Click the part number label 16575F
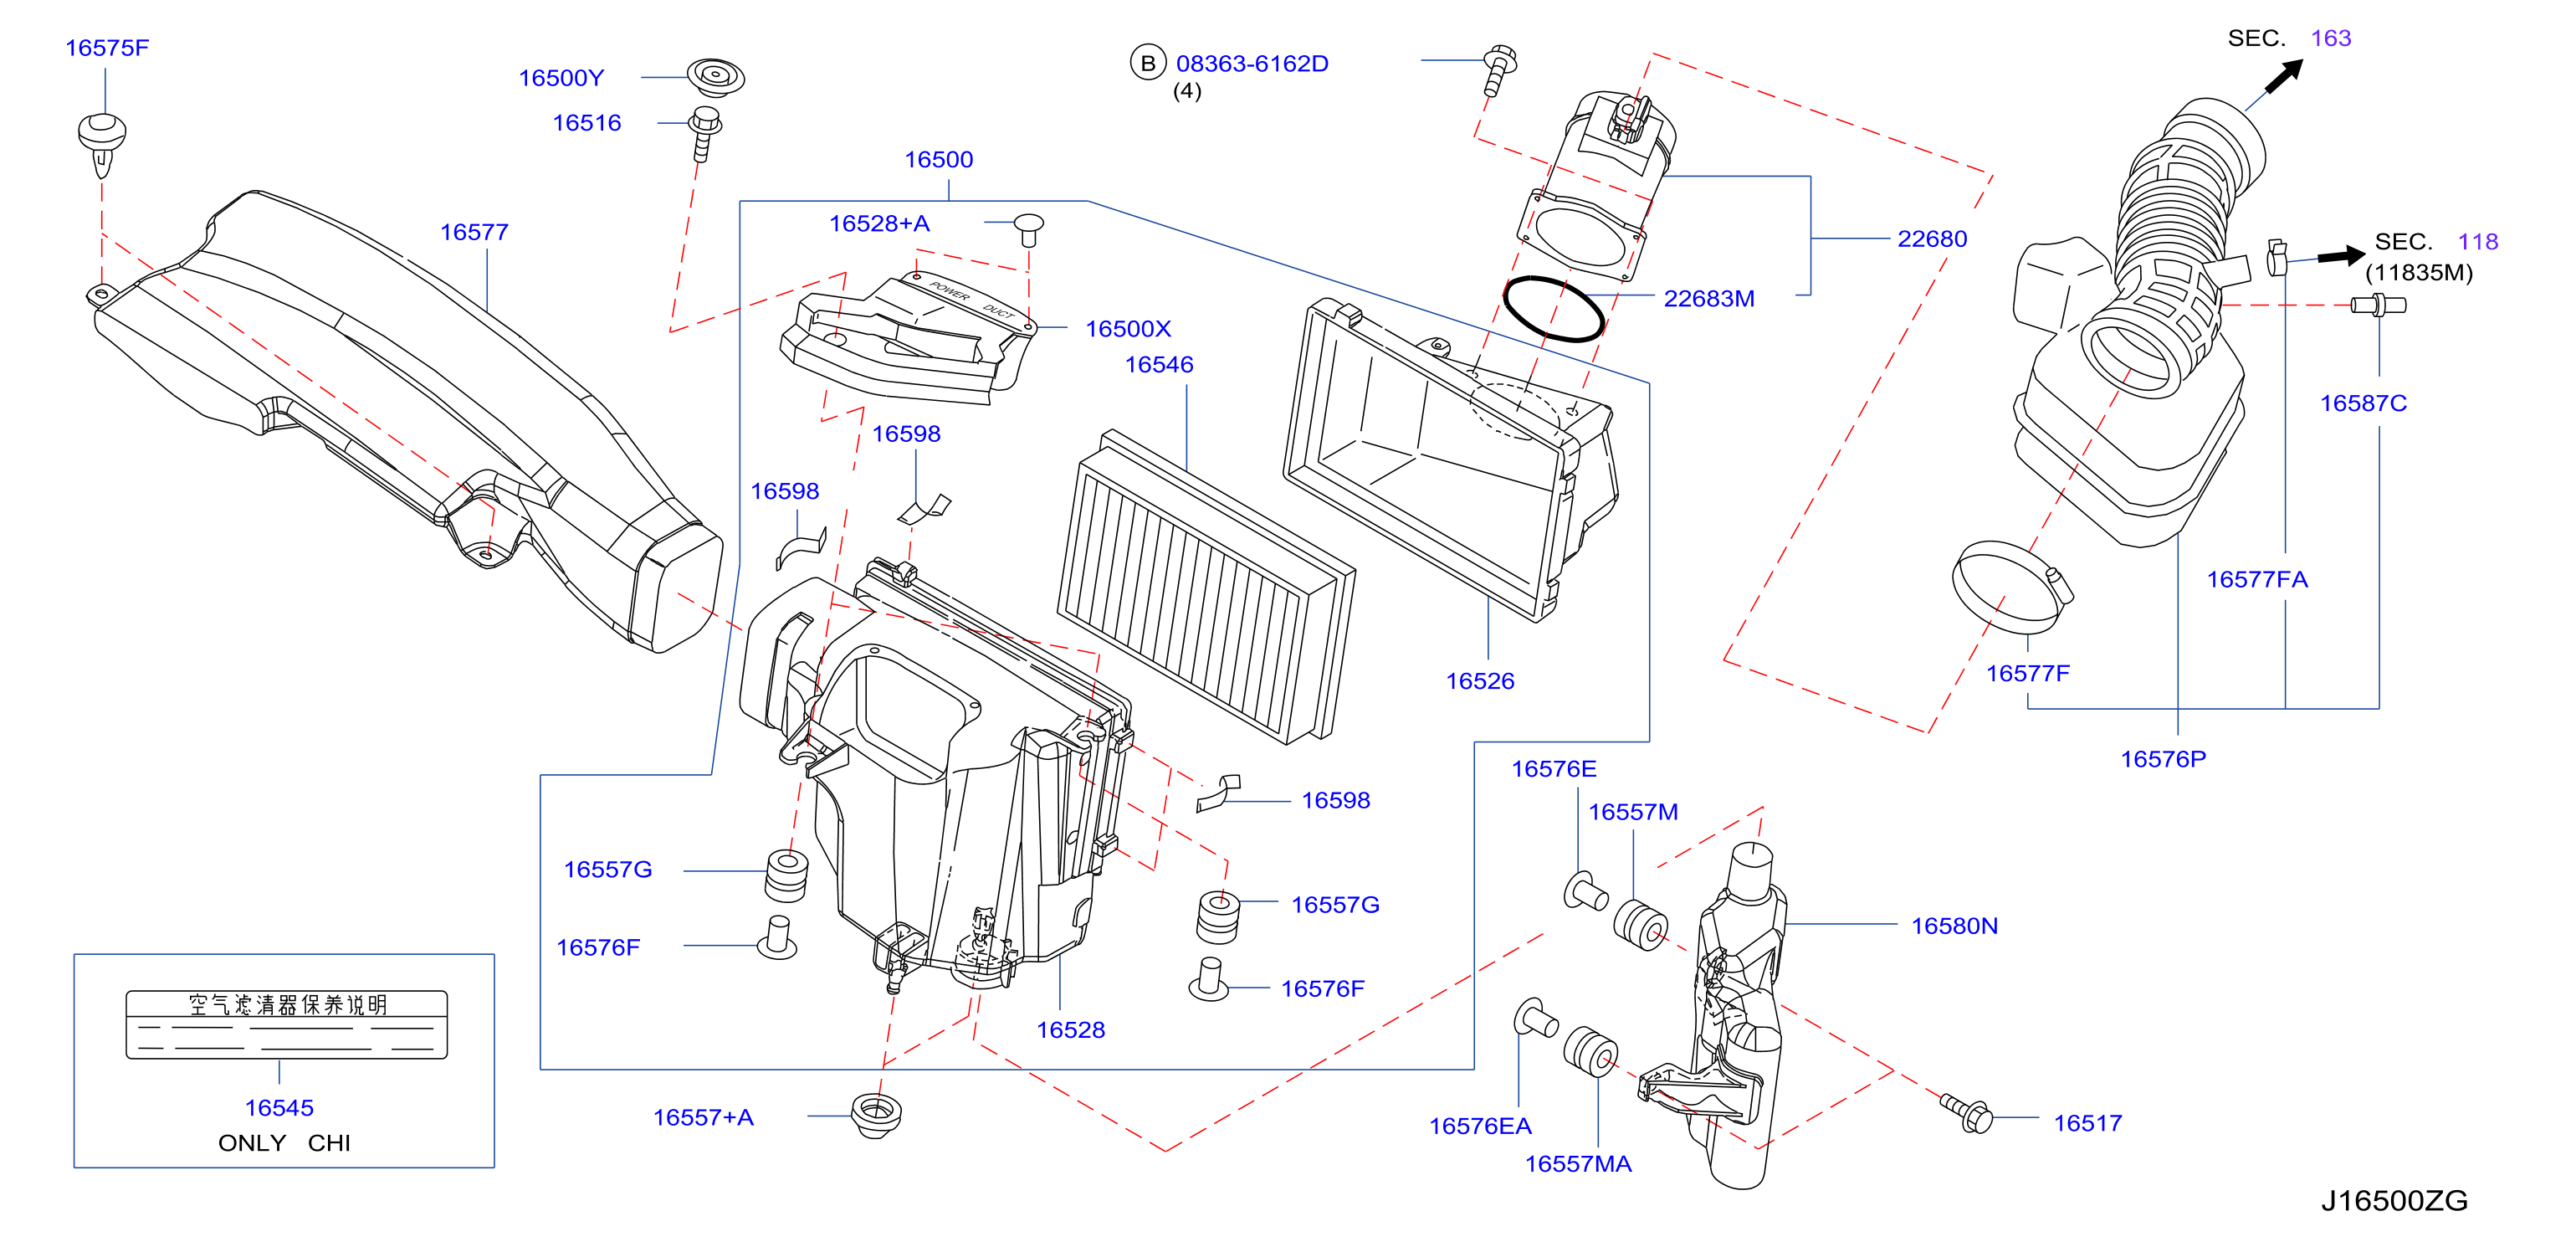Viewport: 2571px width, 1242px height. click(x=107, y=48)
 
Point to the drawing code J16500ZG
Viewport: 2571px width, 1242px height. click(x=2394, y=1200)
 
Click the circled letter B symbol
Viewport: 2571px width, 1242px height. click(x=1148, y=63)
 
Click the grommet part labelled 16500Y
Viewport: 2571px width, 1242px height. click(x=714, y=77)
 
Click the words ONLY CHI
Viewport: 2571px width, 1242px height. click(x=284, y=1142)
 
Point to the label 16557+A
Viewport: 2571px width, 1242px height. click(x=703, y=1117)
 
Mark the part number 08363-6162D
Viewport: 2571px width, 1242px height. click(x=1252, y=63)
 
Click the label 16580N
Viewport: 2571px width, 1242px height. click(x=1954, y=926)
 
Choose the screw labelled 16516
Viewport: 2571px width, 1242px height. click(x=704, y=133)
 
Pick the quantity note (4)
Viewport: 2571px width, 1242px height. click(x=1186, y=91)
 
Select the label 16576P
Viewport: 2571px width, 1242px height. click(x=2163, y=759)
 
